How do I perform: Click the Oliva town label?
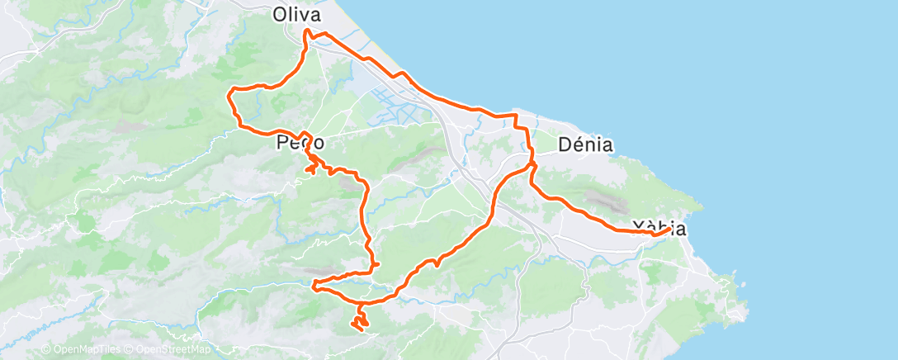point(296,15)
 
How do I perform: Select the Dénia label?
point(585,144)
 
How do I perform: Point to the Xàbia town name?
point(659,227)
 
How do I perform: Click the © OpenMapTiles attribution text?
point(80,350)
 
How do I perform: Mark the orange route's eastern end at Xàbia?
point(667,230)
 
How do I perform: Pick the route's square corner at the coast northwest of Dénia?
point(516,115)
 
